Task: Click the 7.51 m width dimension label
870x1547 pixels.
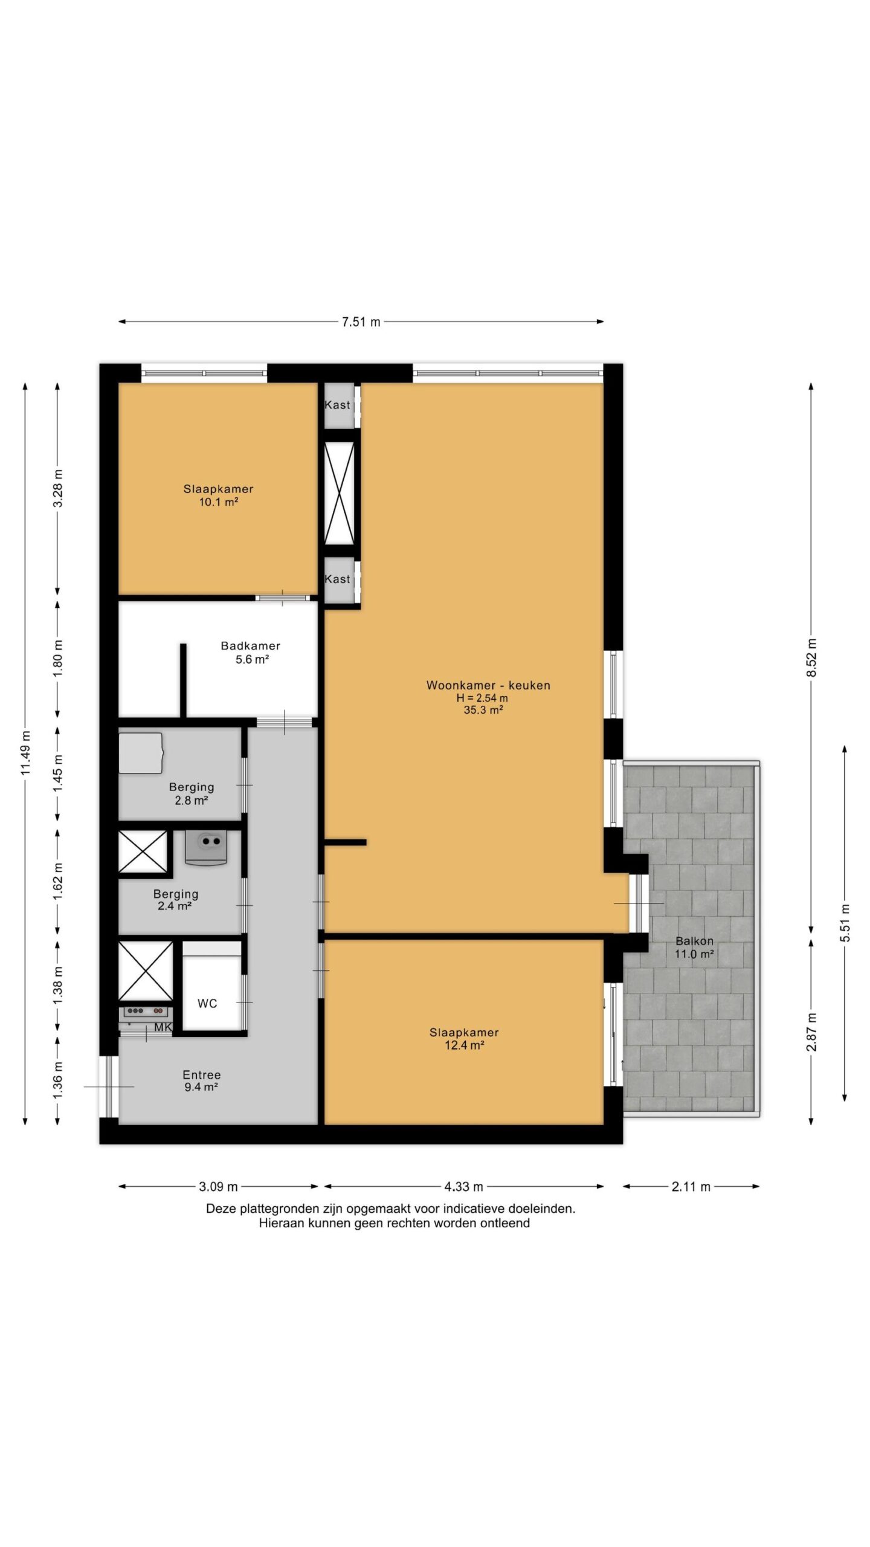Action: pyautogui.click(x=361, y=322)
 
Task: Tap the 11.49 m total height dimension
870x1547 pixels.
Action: pyautogui.click(x=25, y=753)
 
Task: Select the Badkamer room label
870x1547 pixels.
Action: pyautogui.click(x=251, y=646)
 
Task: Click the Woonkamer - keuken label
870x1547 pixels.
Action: pyautogui.click(x=488, y=685)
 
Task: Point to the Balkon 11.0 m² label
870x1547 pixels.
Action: pyautogui.click(x=695, y=948)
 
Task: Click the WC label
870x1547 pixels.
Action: pyautogui.click(x=207, y=1004)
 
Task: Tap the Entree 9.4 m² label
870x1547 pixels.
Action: pyautogui.click(x=202, y=1080)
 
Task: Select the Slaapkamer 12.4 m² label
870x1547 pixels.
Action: pyautogui.click(x=464, y=1039)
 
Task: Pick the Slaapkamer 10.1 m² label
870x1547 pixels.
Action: pyautogui.click(x=218, y=496)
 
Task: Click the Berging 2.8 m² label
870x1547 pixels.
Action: pyautogui.click(x=192, y=793)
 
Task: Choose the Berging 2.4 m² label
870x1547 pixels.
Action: pyautogui.click(x=176, y=900)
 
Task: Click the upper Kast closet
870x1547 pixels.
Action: pyautogui.click(x=337, y=405)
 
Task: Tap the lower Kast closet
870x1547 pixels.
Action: pyautogui.click(x=337, y=579)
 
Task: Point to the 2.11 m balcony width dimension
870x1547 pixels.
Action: pyautogui.click(x=691, y=1187)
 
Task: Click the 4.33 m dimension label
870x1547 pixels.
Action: pyautogui.click(x=464, y=1187)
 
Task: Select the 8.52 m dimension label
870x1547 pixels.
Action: pyautogui.click(x=811, y=657)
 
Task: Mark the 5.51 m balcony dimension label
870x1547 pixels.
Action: pyautogui.click(x=845, y=923)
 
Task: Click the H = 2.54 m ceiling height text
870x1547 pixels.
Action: pyautogui.click(x=482, y=698)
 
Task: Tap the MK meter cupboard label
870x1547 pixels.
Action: pyautogui.click(x=163, y=1027)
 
